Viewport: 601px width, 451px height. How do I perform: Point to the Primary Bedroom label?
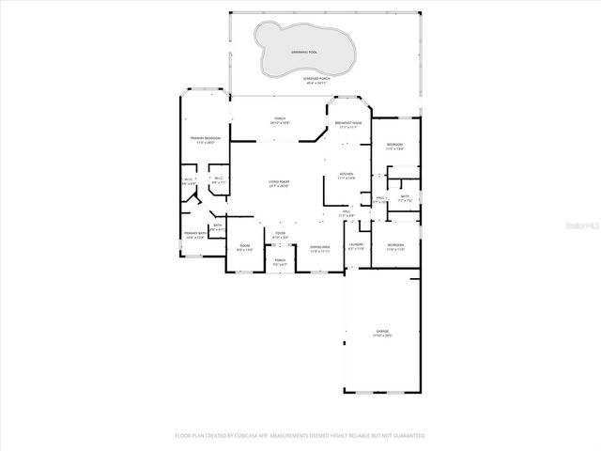pyautogui.click(x=204, y=140)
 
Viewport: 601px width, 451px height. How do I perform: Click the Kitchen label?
pyautogui.click(x=346, y=176)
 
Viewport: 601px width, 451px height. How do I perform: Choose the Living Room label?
pyautogui.click(x=279, y=184)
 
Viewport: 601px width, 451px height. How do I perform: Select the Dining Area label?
pyautogui.click(x=319, y=249)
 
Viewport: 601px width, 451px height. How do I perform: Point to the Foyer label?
pyautogui.click(x=280, y=234)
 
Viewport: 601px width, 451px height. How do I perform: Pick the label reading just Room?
pyautogui.click(x=244, y=247)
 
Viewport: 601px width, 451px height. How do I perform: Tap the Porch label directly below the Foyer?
pyautogui.click(x=280, y=262)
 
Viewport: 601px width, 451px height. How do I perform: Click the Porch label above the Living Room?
pyautogui.click(x=280, y=119)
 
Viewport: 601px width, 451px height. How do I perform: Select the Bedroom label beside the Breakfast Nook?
pyautogui.click(x=394, y=146)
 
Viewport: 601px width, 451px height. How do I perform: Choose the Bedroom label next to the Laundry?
pyautogui.click(x=394, y=246)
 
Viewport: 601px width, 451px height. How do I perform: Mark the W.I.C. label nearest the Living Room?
pyautogui.click(x=218, y=180)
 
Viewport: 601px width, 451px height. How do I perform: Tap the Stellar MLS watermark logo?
pyautogui.click(x=582, y=225)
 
